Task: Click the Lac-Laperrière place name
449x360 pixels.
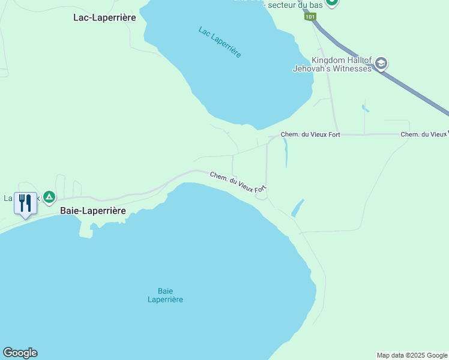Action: [104, 17]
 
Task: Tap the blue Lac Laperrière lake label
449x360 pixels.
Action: [220, 42]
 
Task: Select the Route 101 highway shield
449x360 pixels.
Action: [309, 17]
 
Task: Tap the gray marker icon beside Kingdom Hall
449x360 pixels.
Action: [381, 63]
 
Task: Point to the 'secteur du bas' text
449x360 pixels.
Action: [294, 5]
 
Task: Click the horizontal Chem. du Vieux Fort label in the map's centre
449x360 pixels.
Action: [310, 134]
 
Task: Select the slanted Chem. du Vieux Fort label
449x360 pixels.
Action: [238, 182]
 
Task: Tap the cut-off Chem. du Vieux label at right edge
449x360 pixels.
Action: [424, 134]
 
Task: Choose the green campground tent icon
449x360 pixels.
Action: [49, 196]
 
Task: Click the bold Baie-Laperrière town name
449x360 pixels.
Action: [93, 211]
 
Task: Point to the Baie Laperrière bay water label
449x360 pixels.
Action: [165, 295]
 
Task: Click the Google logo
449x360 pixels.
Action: [20, 353]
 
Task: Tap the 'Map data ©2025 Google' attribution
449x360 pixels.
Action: [412, 355]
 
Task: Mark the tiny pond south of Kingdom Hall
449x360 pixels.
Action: [365, 109]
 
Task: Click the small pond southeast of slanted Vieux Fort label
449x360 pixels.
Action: [297, 208]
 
